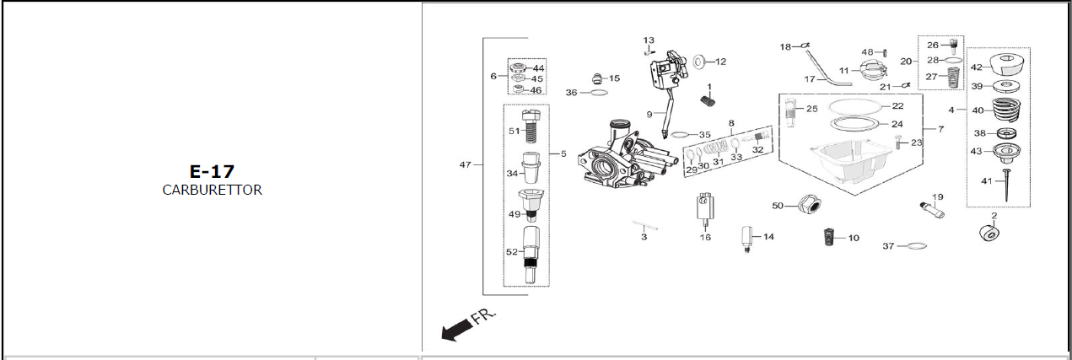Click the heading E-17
click(x=212, y=172)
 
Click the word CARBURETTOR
click(x=212, y=191)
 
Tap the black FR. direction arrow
click(x=457, y=330)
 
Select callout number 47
click(x=466, y=164)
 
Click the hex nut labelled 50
click(x=810, y=205)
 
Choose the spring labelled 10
click(x=829, y=237)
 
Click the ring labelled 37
click(x=917, y=245)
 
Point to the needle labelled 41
click(x=1006, y=185)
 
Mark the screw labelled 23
click(x=898, y=142)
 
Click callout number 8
click(x=731, y=123)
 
